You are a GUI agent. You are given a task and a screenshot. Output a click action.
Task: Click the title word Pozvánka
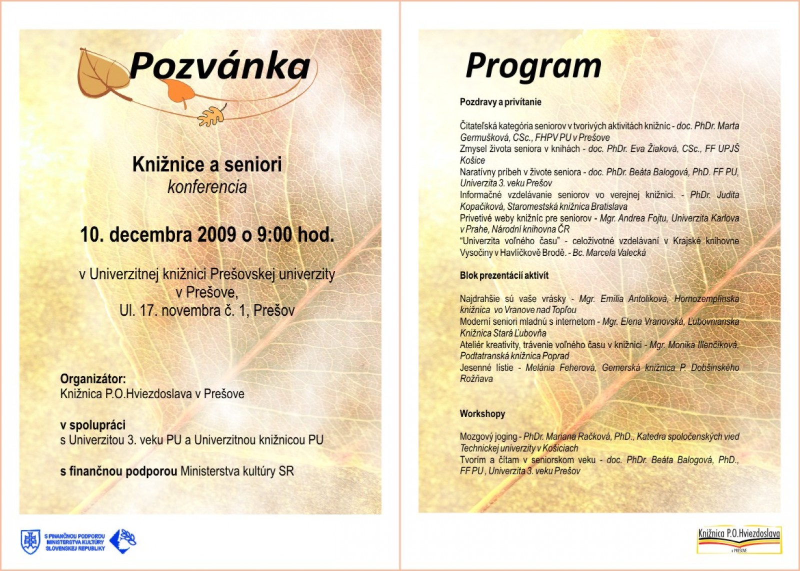coord(219,66)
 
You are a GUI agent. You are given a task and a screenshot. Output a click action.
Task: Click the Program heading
coord(533,66)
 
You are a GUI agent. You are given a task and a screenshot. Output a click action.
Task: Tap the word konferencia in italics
coord(207,187)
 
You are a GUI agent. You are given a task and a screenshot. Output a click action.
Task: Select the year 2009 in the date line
coord(216,234)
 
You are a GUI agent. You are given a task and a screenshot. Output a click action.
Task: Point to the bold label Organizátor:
coord(93,379)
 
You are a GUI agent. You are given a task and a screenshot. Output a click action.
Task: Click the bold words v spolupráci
coord(93,425)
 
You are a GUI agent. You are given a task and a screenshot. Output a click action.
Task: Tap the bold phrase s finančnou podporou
coord(118,471)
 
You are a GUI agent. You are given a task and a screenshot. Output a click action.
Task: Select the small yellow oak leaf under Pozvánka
coord(211,117)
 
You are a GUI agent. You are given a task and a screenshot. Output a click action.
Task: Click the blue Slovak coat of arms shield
coord(30,542)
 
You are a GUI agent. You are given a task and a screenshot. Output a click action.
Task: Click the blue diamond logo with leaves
coord(122,541)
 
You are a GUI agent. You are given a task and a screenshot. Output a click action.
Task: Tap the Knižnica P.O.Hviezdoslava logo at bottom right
coord(738,540)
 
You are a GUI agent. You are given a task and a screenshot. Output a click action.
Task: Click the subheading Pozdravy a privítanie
coord(500,102)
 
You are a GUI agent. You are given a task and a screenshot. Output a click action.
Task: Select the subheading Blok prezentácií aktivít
coord(504,275)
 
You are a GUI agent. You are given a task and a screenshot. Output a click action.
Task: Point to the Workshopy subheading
coord(482,414)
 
